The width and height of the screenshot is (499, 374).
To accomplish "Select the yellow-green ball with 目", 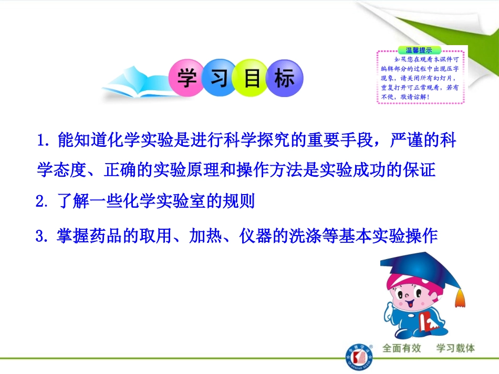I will click(252, 80).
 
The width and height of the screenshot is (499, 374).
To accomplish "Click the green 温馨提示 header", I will click(419, 50).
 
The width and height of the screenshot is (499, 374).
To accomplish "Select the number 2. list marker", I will click(41, 202).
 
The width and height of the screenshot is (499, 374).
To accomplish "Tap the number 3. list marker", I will click(41, 236).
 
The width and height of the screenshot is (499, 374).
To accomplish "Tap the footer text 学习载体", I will click(455, 348).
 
